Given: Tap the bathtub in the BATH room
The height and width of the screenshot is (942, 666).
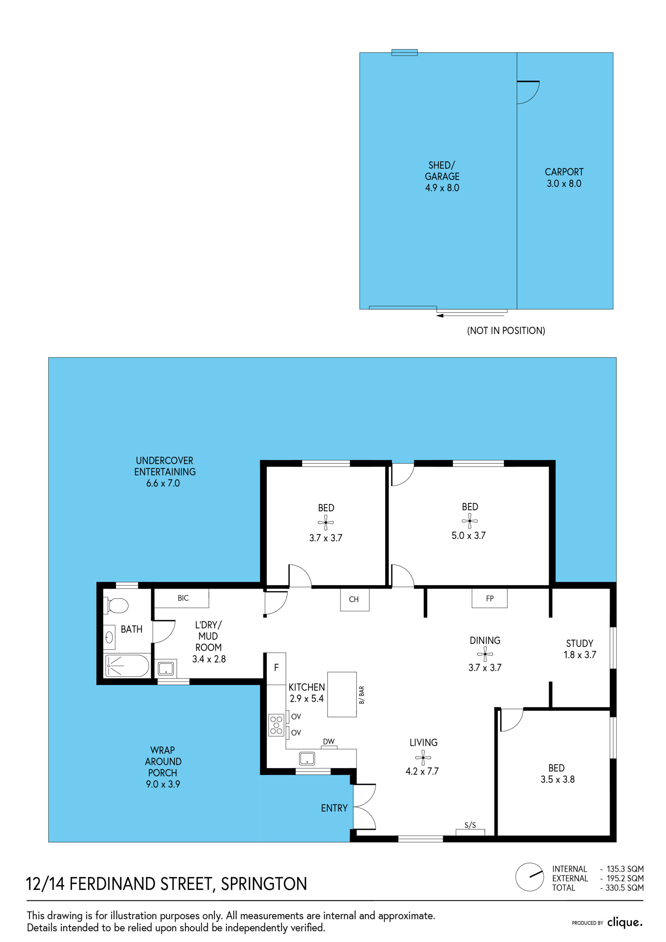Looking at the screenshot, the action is (x=127, y=666).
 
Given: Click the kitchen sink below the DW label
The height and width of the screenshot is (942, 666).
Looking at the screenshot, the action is (x=307, y=758).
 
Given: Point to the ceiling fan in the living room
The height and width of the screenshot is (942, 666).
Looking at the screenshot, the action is (x=423, y=758).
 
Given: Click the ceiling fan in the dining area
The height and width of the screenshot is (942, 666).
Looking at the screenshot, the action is (x=485, y=654).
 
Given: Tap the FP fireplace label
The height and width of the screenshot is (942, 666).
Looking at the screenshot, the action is (x=489, y=599).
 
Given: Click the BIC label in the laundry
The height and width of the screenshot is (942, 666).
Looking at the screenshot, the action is (x=183, y=598).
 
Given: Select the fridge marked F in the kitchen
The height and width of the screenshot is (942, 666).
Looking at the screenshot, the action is (x=276, y=668).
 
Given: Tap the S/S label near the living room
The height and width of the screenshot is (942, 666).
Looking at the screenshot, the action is (x=470, y=825).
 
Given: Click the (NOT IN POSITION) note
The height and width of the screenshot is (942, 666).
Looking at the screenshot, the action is (x=506, y=331).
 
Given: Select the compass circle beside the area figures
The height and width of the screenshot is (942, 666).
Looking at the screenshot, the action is (x=530, y=877).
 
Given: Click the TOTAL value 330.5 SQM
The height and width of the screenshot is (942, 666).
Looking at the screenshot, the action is (x=624, y=888).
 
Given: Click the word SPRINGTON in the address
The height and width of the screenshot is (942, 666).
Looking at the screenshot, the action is (x=264, y=884).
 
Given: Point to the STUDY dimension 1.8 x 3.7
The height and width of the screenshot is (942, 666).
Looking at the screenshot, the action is (x=580, y=655).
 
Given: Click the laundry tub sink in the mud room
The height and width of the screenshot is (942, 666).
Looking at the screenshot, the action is (x=166, y=669).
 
